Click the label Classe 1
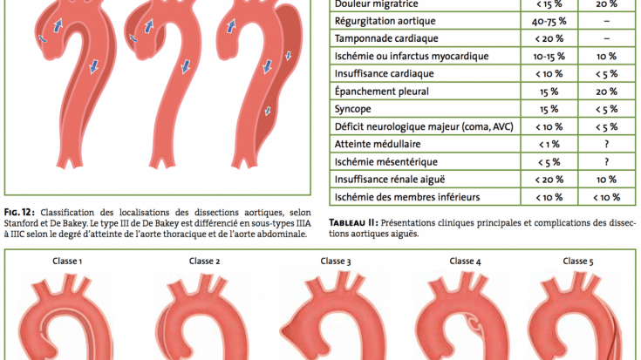(x=67, y=262)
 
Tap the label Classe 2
(x=204, y=262)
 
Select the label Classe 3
(x=336, y=262)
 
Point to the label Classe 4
(x=465, y=262)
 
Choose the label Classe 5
(x=578, y=262)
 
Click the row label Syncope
(x=353, y=109)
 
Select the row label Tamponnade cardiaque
(x=386, y=38)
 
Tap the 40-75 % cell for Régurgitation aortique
(x=549, y=21)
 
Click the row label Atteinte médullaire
(x=378, y=144)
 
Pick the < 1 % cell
(x=549, y=144)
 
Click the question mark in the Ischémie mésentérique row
(x=607, y=162)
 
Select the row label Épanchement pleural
(x=382, y=92)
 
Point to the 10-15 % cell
(x=549, y=57)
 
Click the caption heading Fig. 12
(x=19, y=213)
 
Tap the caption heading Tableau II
(x=353, y=223)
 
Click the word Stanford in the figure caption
(x=20, y=223)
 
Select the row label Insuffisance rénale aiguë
(x=390, y=180)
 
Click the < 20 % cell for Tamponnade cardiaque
(x=549, y=39)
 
